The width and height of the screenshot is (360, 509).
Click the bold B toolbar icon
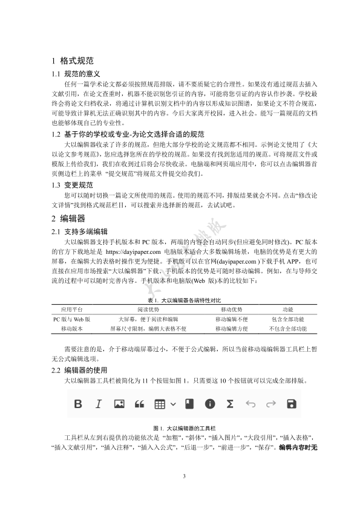pyautogui.click(x=78, y=403)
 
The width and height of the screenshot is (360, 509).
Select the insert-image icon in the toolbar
pyautogui.click(x=119, y=403)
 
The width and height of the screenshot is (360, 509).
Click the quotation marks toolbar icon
pyautogui.click(x=139, y=403)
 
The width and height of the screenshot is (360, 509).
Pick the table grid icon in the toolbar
pyautogui.click(x=160, y=403)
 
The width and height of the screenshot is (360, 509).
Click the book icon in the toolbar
pyautogui.click(x=189, y=403)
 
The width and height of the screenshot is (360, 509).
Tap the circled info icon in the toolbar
pyautogui.click(x=210, y=403)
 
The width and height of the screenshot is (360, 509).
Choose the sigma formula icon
pyautogui.click(x=230, y=403)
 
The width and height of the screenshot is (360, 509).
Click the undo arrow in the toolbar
pyautogui.click(x=250, y=403)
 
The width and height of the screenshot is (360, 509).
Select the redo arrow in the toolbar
pyautogui.click(x=270, y=403)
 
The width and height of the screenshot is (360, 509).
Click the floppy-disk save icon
pyautogui.click(x=291, y=403)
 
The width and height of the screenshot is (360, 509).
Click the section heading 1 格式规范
pyautogui.click(x=72, y=61)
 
